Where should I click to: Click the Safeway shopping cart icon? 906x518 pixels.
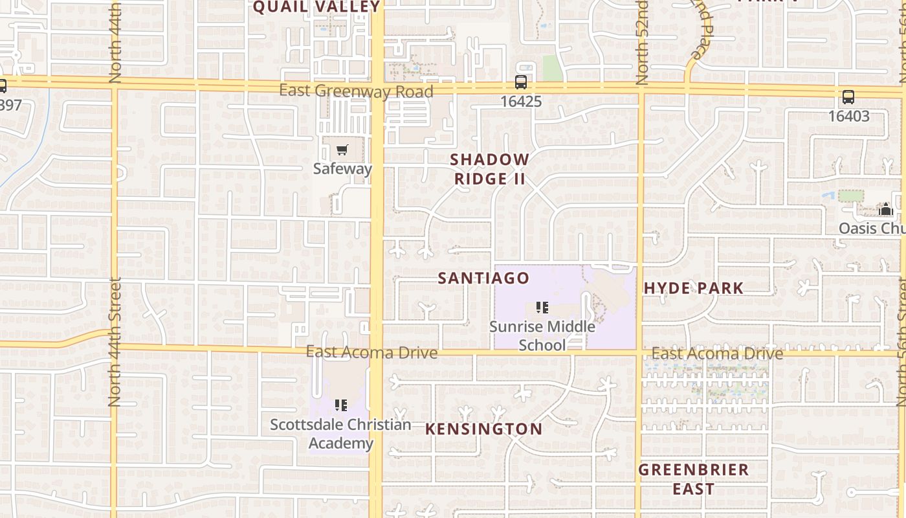[x=342, y=150]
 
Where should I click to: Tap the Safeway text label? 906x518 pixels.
[x=342, y=169]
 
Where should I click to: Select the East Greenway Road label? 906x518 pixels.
[x=356, y=91]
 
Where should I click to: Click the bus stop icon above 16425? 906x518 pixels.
[x=521, y=82]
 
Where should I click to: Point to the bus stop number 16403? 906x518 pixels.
[x=848, y=117]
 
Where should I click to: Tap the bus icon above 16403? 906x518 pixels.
[x=848, y=98]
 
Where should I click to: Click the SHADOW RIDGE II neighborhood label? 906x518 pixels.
[x=490, y=169]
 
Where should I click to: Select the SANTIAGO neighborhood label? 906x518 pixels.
[x=483, y=278]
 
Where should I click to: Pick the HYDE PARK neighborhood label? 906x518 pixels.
[x=693, y=289]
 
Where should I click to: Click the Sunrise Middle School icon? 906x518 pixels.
[x=542, y=308]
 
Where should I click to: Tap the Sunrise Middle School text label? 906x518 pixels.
[x=542, y=335]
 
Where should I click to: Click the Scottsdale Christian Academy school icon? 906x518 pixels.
[x=340, y=405]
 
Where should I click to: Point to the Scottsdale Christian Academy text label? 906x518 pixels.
[x=340, y=434]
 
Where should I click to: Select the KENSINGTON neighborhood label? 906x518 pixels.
[x=483, y=429]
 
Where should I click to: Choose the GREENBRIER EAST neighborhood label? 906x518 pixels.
[x=693, y=479]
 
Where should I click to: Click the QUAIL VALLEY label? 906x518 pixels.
[x=316, y=7]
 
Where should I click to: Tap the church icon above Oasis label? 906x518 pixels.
[x=886, y=210]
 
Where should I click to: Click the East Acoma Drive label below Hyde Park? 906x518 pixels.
[x=717, y=354]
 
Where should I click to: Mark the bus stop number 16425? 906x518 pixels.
[x=521, y=102]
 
